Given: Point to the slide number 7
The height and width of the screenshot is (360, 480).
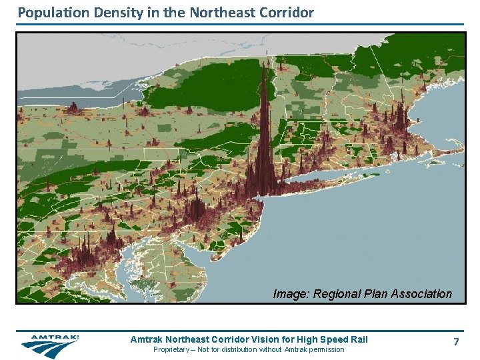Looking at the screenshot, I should (456, 342).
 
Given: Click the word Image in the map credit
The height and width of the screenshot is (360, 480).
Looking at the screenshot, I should (291, 294).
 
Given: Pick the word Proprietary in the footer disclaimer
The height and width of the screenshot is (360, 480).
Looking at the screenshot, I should (174, 349).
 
